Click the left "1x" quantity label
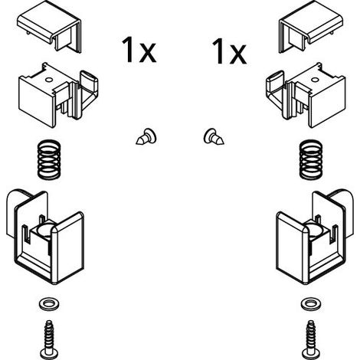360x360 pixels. point(139,50)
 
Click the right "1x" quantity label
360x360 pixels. point(229,51)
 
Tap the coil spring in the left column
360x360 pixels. point(49,159)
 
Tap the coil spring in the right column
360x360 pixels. point(310,159)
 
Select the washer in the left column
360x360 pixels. point(48,304)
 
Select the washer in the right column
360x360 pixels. point(311,304)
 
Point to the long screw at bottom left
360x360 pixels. point(49,339)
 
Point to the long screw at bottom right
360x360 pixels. point(311,339)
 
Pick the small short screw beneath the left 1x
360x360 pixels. point(146,137)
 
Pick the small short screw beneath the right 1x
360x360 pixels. point(214,137)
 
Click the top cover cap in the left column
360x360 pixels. point(50,28)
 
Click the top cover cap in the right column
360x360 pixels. point(311,28)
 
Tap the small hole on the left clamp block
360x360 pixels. point(48,80)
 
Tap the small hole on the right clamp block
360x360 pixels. point(315,80)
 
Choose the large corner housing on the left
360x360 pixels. point(45,236)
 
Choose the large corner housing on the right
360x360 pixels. point(315,236)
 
